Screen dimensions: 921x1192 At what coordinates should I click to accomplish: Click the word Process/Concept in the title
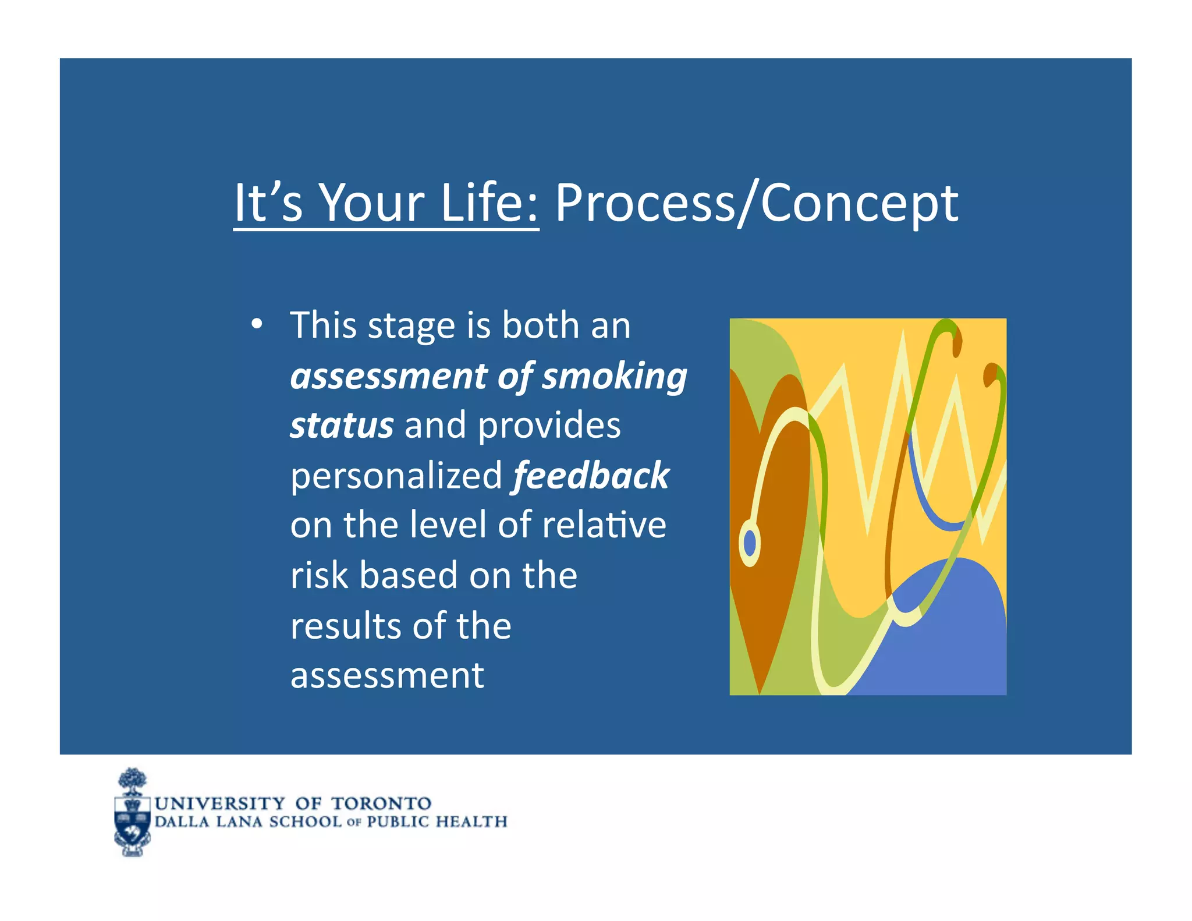[756, 204]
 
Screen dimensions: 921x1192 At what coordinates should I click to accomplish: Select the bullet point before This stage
[257, 325]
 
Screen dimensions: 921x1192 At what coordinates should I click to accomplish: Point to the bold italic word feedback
[590, 476]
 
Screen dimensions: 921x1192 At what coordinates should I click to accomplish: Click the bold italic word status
[342, 426]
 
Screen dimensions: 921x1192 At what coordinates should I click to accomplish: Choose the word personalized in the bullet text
[396, 476]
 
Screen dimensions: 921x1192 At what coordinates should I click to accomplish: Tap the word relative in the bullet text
[604, 525]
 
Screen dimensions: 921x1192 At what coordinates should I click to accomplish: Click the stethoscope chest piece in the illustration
[750, 544]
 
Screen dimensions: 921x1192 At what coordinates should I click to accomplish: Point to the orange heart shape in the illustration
[762, 524]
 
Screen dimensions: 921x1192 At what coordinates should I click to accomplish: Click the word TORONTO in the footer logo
[381, 804]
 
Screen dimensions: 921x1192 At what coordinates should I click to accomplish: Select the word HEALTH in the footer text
[471, 822]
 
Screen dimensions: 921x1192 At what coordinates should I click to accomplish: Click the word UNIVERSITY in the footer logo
[220, 804]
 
